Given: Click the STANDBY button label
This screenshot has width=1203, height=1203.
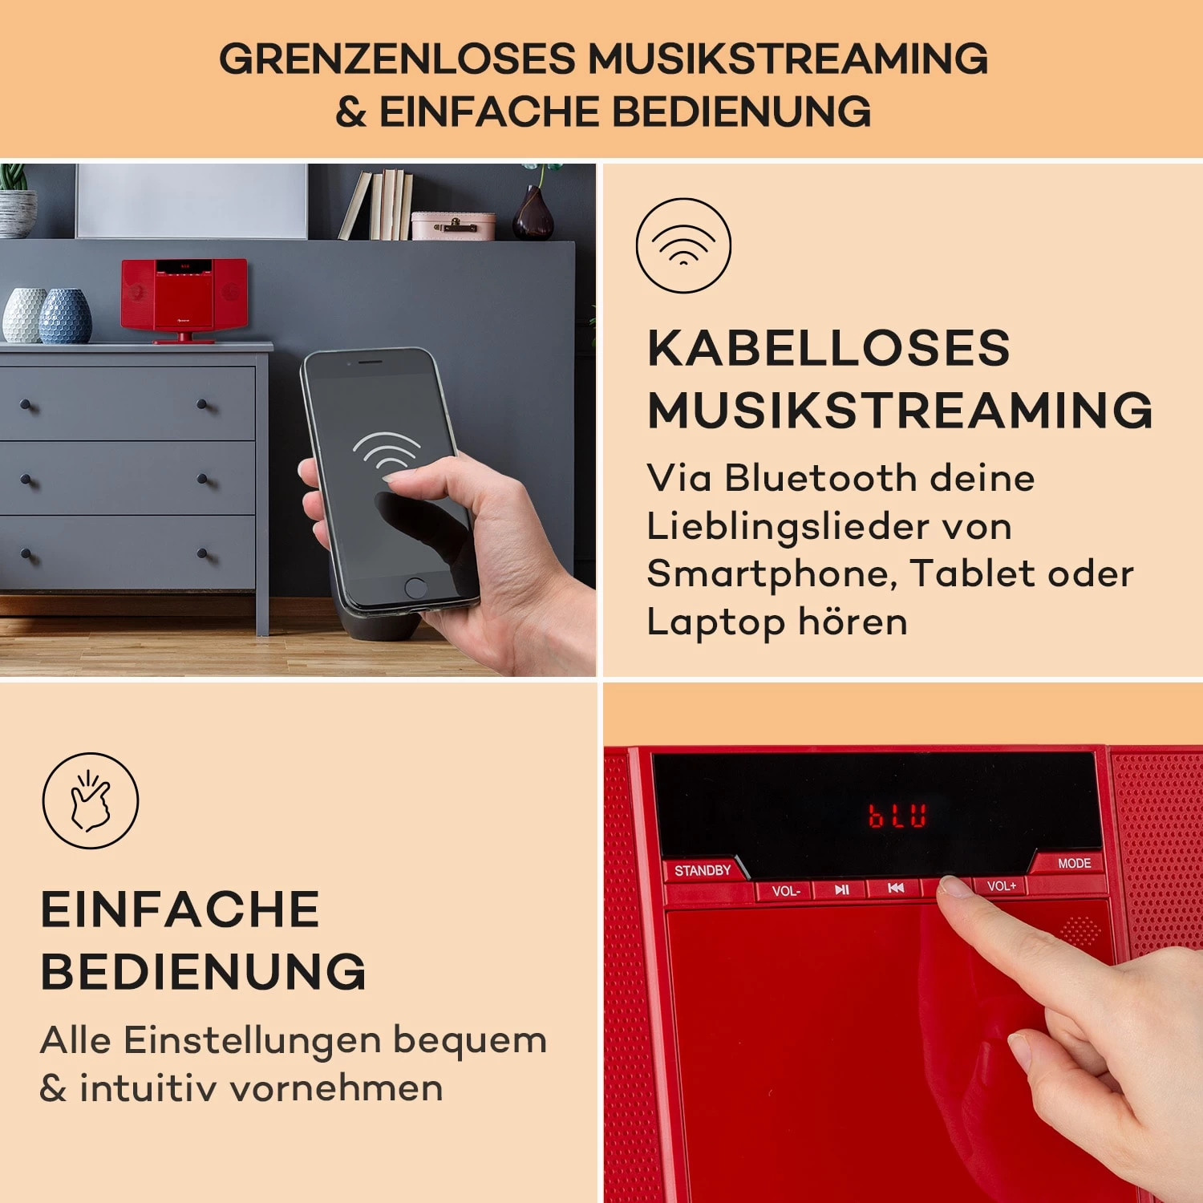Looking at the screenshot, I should (x=703, y=870).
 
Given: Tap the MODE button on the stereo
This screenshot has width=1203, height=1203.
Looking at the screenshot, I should (x=1074, y=863).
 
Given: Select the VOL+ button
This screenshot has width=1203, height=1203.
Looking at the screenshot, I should (x=1001, y=885).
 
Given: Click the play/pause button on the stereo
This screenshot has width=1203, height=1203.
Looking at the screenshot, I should (x=841, y=889).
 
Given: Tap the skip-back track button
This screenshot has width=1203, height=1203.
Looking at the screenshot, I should (x=896, y=888).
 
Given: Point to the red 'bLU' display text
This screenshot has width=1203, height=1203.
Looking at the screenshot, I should (x=897, y=816).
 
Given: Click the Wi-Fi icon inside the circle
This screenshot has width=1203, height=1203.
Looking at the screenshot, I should (x=683, y=245).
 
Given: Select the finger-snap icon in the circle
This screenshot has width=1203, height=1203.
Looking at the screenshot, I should (x=91, y=800).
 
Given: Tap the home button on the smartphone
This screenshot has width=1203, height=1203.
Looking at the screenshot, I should (x=415, y=587).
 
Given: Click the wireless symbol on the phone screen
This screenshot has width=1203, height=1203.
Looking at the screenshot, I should (x=387, y=452).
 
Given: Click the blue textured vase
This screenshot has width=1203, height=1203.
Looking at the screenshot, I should (x=66, y=316).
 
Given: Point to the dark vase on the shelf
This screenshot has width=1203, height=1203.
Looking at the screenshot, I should (x=533, y=213).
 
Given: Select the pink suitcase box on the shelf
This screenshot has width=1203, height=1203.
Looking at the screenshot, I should (x=453, y=225).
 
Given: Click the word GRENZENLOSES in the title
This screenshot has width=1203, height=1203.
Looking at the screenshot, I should (x=397, y=59).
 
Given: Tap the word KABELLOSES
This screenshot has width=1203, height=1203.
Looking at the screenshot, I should (x=828, y=348).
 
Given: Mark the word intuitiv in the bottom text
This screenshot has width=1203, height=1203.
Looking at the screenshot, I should (x=148, y=1088).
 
